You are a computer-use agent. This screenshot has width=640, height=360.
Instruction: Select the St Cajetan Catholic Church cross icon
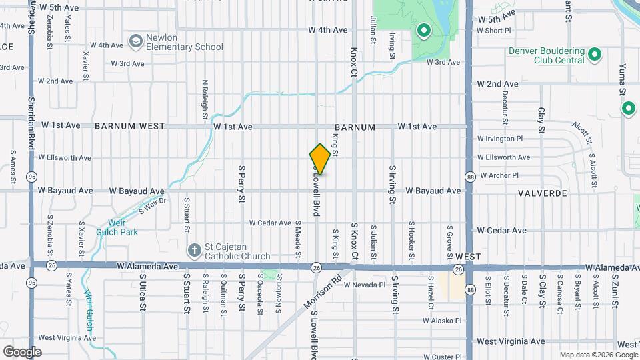click(x=194, y=251)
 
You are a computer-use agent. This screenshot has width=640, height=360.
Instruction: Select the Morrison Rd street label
click(x=323, y=291)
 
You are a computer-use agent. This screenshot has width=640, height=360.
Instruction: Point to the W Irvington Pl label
click(x=505, y=139)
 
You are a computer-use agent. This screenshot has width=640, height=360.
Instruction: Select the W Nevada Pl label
click(x=364, y=285)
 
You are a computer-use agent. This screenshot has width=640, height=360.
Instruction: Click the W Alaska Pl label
click(x=442, y=321)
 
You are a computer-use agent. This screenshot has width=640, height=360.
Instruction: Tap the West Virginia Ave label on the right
click(x=511, y=341)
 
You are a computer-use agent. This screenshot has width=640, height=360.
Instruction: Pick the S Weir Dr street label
click(x=152, y=205)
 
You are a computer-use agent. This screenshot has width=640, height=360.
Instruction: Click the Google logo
click(x=22, y=351)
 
